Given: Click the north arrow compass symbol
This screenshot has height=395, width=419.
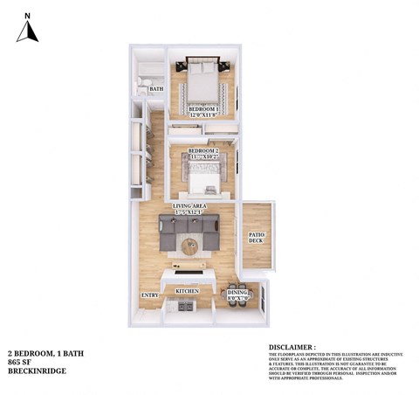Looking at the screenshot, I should coord(28,31).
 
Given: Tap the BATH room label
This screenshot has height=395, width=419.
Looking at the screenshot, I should coord(156,89).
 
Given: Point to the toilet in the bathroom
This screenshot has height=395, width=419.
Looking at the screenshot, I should coord(142,85).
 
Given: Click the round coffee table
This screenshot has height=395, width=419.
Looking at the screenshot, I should coord(189,246).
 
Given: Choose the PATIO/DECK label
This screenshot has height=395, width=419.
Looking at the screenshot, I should coord(256,238).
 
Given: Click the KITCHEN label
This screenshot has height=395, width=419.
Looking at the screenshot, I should coord(188,291).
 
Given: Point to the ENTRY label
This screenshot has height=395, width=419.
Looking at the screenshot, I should coord(149,296).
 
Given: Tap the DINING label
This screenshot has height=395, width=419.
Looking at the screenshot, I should coord(237,293).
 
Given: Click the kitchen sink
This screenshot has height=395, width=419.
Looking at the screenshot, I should coord(185,307).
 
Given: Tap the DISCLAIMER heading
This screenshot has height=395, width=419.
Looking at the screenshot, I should coord(293,346).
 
